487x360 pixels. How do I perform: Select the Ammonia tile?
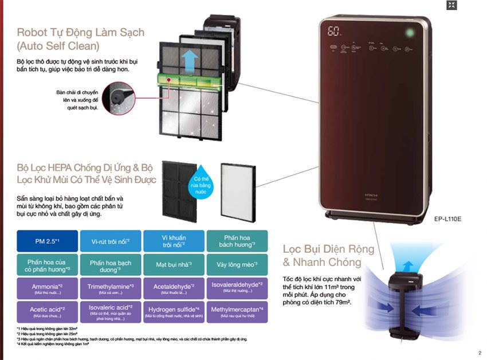[48, 288]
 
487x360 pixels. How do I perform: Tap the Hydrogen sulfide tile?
[174, 311]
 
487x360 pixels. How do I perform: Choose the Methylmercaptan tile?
[237, 311]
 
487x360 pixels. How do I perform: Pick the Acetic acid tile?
[48, 311]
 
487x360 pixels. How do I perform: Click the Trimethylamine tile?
[111, 288]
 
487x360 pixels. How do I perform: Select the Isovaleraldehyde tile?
[237, 288]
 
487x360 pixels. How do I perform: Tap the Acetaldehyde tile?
[174, 288]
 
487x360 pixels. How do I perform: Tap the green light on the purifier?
[409, 32]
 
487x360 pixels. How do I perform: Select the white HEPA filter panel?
[237, 189]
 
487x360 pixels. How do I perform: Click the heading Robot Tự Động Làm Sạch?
[80, 32]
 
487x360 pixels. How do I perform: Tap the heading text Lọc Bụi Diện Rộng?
[328, 249]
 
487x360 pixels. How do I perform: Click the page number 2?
[479, 353]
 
